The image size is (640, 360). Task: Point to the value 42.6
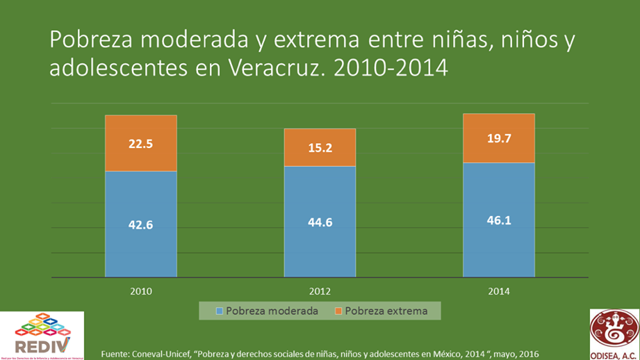pyautogui.click(x=140, y=224)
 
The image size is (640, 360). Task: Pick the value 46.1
pyautogui.click(x=499, y=220)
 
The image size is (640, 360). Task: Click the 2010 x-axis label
pyautogui.click(x=140, y=291)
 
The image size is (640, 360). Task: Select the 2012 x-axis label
pyautogui.click(x=320, y=291)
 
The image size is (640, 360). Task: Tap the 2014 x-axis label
pyautogui.click(x=499, y=291)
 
